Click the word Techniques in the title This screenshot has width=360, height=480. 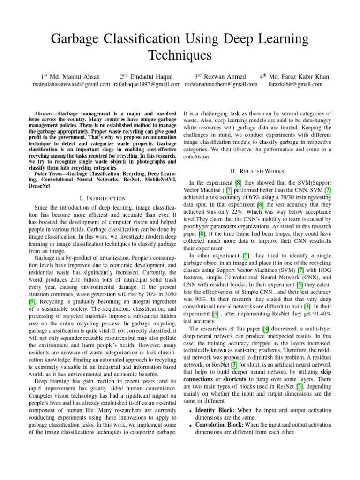click(180, 55)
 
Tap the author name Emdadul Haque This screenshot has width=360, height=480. click(151, 76)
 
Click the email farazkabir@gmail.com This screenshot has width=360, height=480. click(295, 84)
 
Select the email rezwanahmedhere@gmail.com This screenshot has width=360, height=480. click(221, 84)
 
